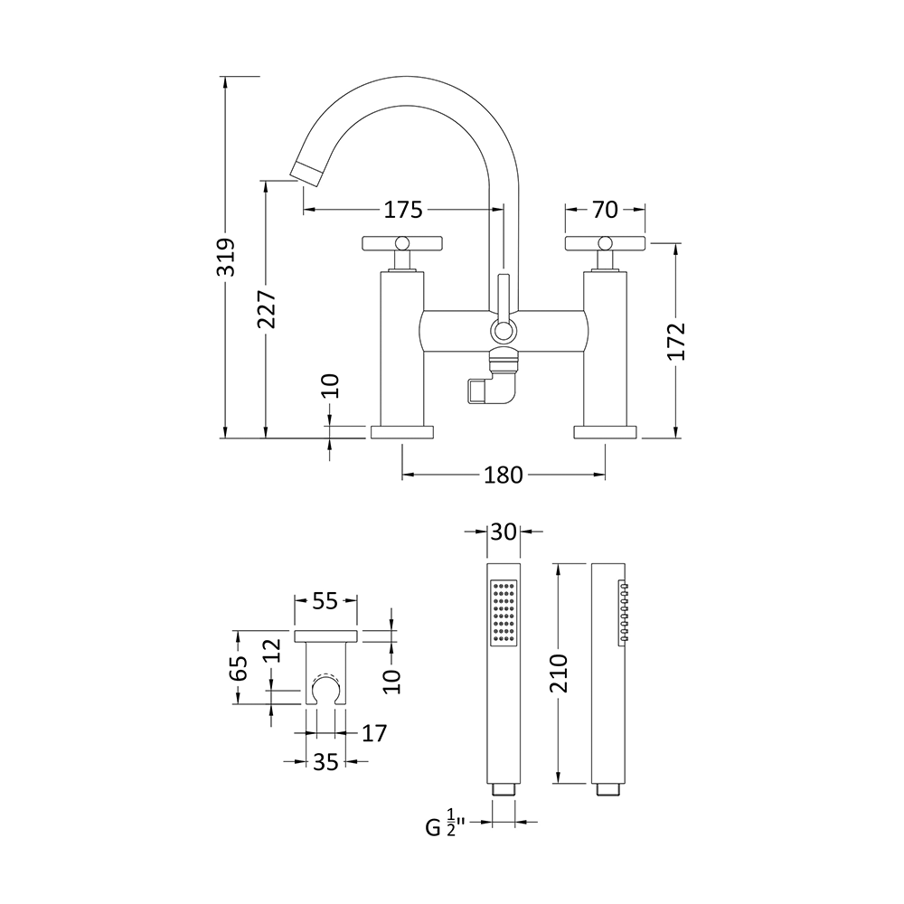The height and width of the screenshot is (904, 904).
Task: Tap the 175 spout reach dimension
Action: [x=403, y=210]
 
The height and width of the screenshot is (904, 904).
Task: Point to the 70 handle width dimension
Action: [x=606, y=210]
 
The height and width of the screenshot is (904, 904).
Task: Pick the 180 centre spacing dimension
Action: [x=504, y=475]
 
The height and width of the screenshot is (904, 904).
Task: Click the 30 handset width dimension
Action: [x=504, y=532]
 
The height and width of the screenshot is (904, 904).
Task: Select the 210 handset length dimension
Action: [x=557, y=673]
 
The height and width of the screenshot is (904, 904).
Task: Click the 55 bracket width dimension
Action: [x=325, y=599]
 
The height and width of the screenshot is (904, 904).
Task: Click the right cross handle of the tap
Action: [x=606, y=243]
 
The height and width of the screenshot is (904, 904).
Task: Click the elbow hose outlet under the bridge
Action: [x=486, y=391]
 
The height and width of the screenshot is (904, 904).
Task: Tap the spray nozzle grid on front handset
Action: [x=504, y=613]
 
